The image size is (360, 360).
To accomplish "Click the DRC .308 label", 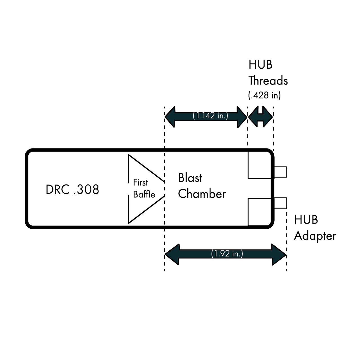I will click(x=72, y=190).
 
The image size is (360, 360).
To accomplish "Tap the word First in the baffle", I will click(x=140, y=183).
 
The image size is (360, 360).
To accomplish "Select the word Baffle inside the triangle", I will click(x=144, y=194).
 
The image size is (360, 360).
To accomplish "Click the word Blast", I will click(x=190, y=178).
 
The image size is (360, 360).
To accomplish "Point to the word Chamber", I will click(x=202, y=194).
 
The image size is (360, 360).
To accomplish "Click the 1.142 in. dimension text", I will click(x=210, y=116).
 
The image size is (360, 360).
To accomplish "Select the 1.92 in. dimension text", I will click(x=227, y=254).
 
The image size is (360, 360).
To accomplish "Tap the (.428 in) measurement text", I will click(x=264, y=95).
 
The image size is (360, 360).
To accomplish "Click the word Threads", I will click(x=268, y=81).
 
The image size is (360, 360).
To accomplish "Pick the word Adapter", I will click(x=315, y=236).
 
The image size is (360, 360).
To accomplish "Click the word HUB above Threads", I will click(x=260, y=65).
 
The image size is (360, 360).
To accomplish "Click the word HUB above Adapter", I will click(x=306, y=220).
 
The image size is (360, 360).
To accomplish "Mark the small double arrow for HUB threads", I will click(x=260, y=116).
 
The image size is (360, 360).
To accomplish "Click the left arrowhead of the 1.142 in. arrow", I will click(x=170, y=117).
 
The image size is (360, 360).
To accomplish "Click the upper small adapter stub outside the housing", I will click(x=280, y=172).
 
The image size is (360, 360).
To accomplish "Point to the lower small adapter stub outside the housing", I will click(x=280, y=203).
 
